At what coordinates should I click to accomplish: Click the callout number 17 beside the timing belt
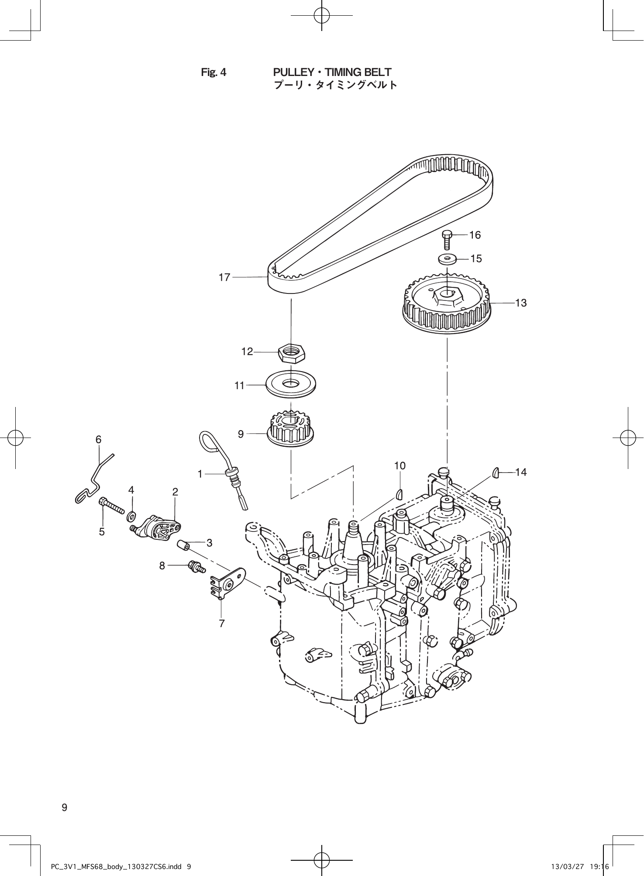(x=224, y=277)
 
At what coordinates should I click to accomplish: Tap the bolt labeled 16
(x=447, y=239)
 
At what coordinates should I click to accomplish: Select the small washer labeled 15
(x=447, y=259)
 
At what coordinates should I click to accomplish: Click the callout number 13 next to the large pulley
(x=521, y=303)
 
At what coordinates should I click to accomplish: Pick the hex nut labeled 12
(x=292, y=352)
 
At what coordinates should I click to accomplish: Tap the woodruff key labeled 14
(x=496, y=472)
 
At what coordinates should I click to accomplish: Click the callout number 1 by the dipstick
(x=200, y=474)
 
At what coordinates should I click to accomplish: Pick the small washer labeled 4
(x=131, y=516)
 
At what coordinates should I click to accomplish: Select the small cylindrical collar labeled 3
(x=183, y=545)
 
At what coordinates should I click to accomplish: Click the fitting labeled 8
(x=195, y=566)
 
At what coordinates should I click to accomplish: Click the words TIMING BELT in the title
(x=358, y=72)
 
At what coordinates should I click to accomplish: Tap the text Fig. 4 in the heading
(x=214, y=72)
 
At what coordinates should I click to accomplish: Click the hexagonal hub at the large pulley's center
(x=447, y=297)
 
